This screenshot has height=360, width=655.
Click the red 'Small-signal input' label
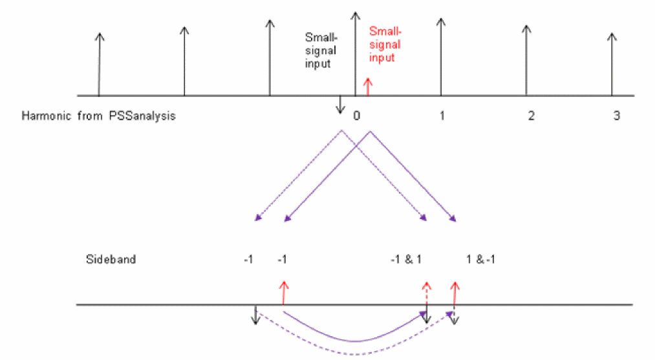385,44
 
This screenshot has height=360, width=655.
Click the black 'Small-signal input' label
321,50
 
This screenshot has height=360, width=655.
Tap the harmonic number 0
356,116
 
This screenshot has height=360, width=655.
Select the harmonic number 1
442,116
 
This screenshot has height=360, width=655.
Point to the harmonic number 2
531,116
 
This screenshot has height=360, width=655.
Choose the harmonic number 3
617,116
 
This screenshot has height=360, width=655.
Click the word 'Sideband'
111,259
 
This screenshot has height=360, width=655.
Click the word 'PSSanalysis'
142,116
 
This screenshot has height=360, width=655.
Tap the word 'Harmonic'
46,116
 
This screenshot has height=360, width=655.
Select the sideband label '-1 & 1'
406,259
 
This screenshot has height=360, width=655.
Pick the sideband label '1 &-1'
480,259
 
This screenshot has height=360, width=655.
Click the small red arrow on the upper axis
368,87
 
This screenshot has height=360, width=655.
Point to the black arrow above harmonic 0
356,54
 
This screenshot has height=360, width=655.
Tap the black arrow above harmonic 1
441,57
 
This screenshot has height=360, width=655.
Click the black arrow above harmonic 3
612,65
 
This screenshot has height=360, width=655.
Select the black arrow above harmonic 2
526,61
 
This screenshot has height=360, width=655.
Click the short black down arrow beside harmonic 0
341,105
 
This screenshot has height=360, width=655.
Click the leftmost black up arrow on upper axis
99,65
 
